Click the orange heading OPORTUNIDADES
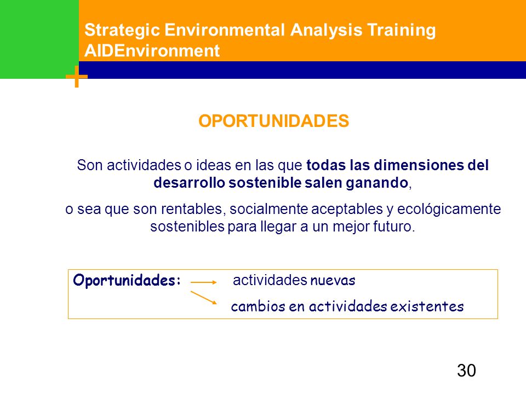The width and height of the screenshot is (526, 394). click(x=274, y=121)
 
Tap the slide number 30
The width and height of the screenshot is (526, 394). click(x=466, y=370)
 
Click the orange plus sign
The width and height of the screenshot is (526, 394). click(x=77, y=77)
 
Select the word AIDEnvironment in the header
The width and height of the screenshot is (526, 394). click(x=152, y=51)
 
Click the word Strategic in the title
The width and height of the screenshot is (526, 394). click(x=122, y=31)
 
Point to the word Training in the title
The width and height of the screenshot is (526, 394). click(x=401, y=31)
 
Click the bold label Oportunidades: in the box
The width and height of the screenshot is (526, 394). click(x=127, y=280)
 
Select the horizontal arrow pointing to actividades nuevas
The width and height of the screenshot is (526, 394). click(x=204, y=282)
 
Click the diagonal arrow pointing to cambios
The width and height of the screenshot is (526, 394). click(x=204, y=298)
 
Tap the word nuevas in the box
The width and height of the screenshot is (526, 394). click(x=333, y=280)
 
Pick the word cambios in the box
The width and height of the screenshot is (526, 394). click(x=258, y=306)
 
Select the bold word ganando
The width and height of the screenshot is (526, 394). click(x=377, y=183)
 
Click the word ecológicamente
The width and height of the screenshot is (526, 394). click(x=449, y=209)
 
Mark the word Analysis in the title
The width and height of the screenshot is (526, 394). click(x=326, y=31)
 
